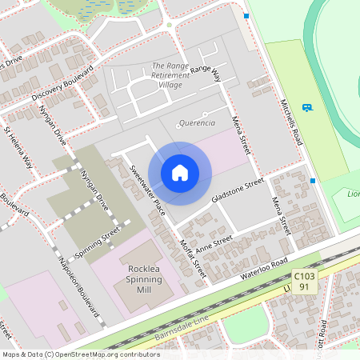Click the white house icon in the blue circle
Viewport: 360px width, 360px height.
pos(180,172)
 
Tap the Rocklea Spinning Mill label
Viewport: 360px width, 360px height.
pos(145,280)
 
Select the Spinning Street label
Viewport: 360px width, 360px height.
pos(98,242)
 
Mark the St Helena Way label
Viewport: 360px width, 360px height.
pos(19,148)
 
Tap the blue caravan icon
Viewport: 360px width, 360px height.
pos(307,107)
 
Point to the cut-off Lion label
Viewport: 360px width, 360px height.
pos(352,194)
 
